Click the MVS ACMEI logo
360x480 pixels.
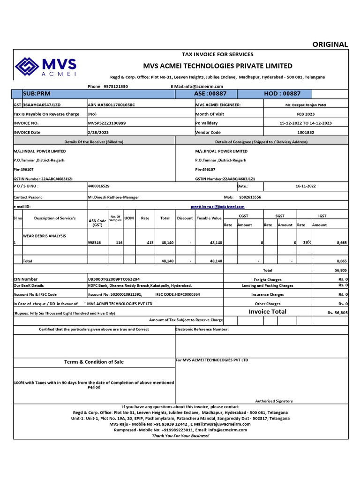[46, 67]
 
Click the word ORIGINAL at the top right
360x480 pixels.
[330, 45]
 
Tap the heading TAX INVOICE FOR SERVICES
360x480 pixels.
[217, 54]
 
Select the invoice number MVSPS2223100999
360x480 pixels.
[107, 123]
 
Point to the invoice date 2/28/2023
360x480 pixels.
[97, 132]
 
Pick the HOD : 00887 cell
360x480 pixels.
[282, 94]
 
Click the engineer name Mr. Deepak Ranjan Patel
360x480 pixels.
[305, 105]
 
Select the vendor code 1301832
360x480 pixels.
[305, 132]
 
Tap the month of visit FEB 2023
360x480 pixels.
[306, 114]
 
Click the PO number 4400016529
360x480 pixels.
[99, 186]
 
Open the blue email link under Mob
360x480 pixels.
[217, 206]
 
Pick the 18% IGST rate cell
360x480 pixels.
[307, 242]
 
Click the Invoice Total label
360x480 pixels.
[267, 311]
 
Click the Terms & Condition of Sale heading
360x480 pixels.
[94, 362]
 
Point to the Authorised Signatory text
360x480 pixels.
[274, 401]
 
